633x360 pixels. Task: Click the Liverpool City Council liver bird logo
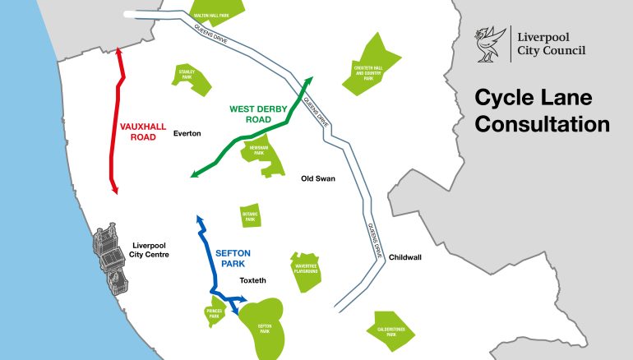(489, 44)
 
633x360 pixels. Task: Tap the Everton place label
(187, 133)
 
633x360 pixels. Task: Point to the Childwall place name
(405, 257)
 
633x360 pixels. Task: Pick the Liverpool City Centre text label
(150, 250)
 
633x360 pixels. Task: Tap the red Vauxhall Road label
(143, 132)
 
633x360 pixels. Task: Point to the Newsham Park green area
(260, 154)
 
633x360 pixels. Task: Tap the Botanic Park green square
(250, 217)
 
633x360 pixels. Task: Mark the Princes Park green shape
(213, 316)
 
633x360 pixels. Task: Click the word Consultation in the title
(543, 125)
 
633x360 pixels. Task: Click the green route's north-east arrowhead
(310, 80)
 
